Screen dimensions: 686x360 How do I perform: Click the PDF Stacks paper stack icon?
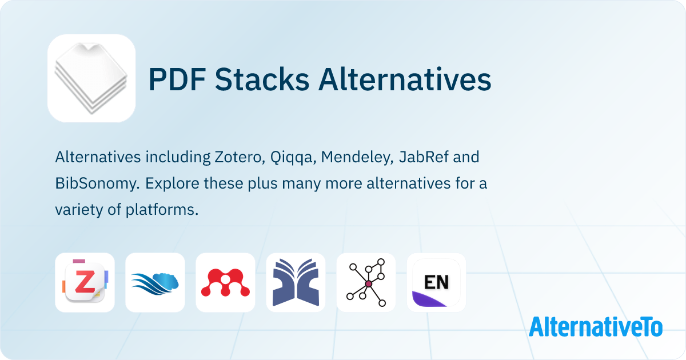click(91, 78)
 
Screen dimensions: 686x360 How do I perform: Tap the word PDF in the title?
click(177, 79)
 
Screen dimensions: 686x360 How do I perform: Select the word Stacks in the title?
click(262, 79)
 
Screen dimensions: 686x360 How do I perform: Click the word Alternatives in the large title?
click(405, 79)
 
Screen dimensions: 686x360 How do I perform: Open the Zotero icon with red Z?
click(85, 282)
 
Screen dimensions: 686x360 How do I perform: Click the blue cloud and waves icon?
click(155, 282)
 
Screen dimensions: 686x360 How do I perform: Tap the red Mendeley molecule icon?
click(225, 282)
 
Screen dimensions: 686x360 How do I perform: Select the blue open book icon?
click(296, 282)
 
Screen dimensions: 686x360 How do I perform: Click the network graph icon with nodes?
click(366, 282)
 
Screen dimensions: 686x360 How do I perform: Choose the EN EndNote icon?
click(436, 282)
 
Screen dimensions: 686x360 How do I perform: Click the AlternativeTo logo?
click(596, 327)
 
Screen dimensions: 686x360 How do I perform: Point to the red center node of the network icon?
click(369, 284)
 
